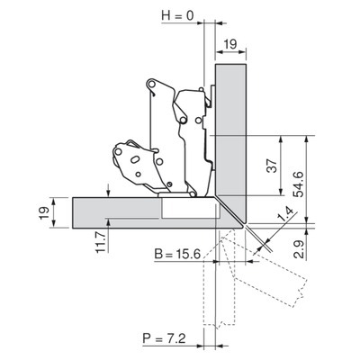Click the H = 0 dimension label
[177, 15]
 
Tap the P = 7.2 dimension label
[164, 338]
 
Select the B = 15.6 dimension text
[177, 255]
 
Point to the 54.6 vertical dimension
[299, 184]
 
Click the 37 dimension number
[272, 166]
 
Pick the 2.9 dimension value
[299, 249]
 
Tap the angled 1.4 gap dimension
[283, 214]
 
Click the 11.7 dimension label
[101, 242]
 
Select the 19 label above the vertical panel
[230, 44]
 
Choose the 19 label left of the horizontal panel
[44, 213]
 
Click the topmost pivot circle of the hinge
[151, 83]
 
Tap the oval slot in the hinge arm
[135, 159]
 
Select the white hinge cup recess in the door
[188, 207]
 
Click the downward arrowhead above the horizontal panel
[109, 193]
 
